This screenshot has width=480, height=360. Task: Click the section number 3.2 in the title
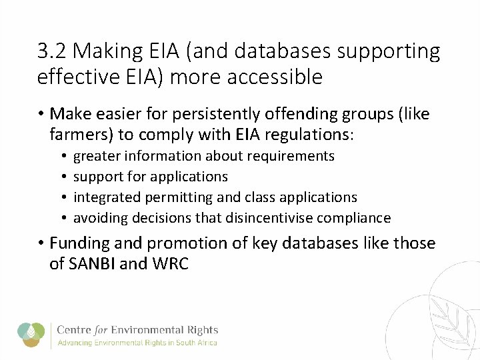tap(52, 51)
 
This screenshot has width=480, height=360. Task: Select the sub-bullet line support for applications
tap(150, 177)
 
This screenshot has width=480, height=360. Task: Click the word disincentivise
tap(269, 218)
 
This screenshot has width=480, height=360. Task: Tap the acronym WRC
tap(171, 264)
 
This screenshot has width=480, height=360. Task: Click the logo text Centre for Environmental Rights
tap(137, 330)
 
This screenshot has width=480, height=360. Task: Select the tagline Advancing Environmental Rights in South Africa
tap(137, 343)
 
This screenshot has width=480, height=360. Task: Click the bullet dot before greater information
tap(61, 157)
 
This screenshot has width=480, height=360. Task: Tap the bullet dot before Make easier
tap(41, 115)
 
